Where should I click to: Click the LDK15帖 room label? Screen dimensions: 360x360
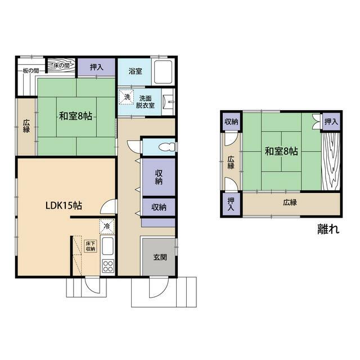[x=64, y=205]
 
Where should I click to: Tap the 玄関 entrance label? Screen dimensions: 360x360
[x=160, y=257]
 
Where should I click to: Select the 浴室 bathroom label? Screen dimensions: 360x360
[x=135, y=71]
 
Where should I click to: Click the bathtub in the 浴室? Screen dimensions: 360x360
[x=163, y=72]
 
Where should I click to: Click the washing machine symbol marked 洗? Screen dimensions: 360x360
[x=127, y=97]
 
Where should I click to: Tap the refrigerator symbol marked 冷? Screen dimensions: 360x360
[x=107, y=226]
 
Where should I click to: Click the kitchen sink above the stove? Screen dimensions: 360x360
[x=107, y=246]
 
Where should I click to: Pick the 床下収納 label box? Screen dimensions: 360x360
[x=91, y=246]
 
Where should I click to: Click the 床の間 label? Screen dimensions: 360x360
[x=61, y=65]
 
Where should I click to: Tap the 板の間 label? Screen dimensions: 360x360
[x=31, y=70]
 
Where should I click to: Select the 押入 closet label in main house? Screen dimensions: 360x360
[x=96, y=67]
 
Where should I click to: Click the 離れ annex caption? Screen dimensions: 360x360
[x=328, y=229]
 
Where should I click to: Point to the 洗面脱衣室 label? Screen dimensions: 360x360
[x=145, y=102]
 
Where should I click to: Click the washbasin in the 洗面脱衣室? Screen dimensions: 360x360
[x=169, y=102]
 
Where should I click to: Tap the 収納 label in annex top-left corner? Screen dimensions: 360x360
[x=231, y=121]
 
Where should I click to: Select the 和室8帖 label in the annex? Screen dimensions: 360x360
[x=281, y=151]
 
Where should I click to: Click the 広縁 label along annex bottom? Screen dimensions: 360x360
[x=290, y=202]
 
